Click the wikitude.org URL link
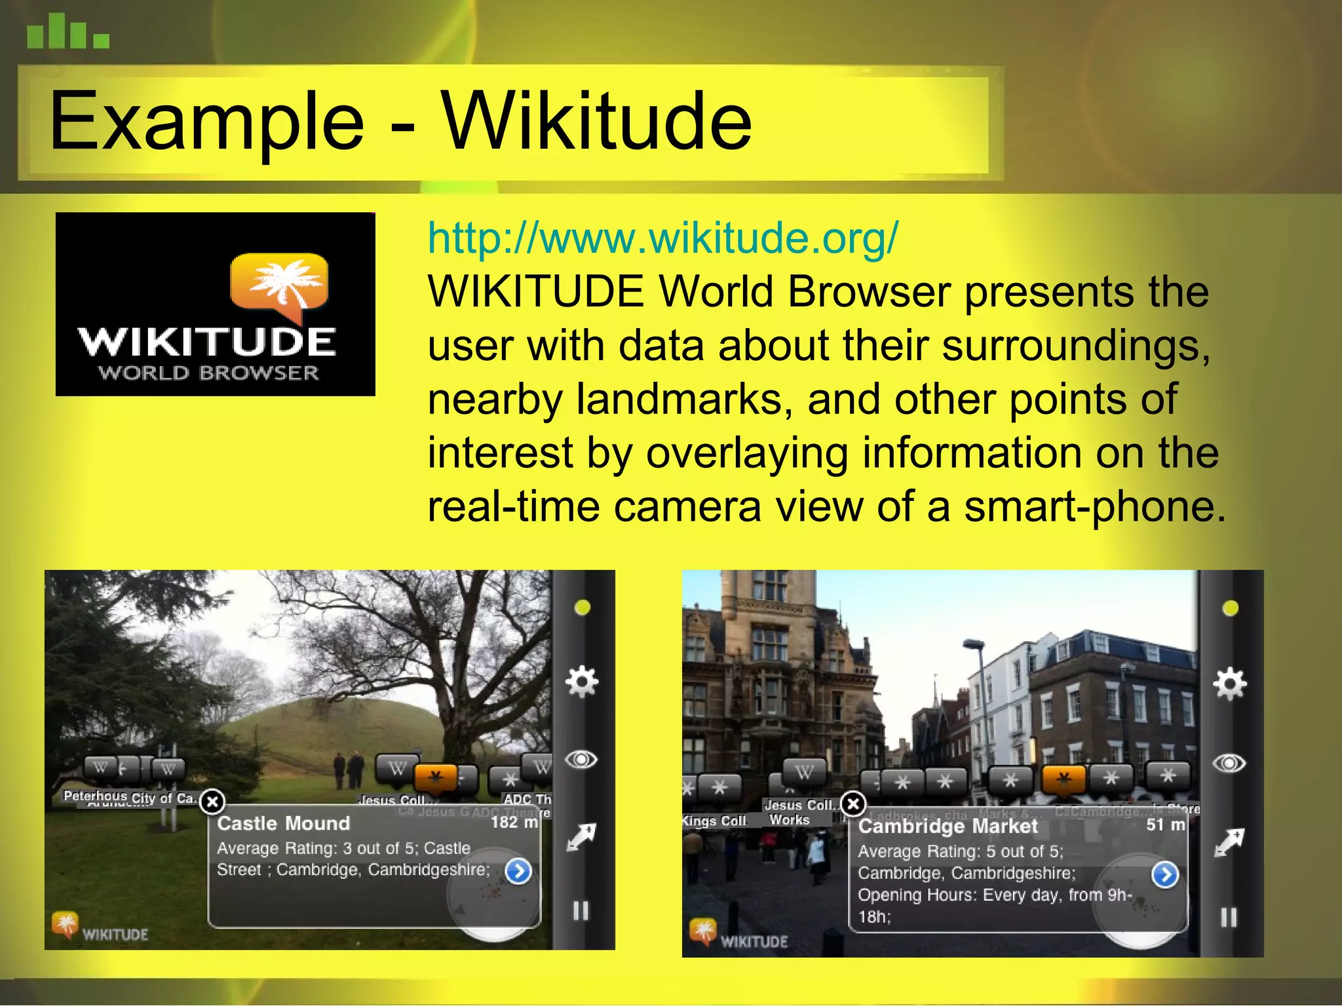point(662,238)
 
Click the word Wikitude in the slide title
point(596,122)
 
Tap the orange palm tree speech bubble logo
point(280,283)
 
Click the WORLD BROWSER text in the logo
point(208,373)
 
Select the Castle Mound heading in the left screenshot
point(283,823)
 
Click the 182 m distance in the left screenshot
point(514,822)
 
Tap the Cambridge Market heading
point(948,827)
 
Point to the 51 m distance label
point(1165,825)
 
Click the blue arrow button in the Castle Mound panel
point(518,872)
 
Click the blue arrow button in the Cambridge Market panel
point(1165,875)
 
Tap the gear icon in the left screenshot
point(581,682)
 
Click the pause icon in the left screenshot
point(581,911)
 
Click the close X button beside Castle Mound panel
point(212,802)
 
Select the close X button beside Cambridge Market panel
point(853,804)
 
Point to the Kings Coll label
point(715,821)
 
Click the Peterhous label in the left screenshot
point(95,796)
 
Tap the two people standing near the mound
point(348,769)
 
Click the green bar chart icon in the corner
point(67,32)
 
